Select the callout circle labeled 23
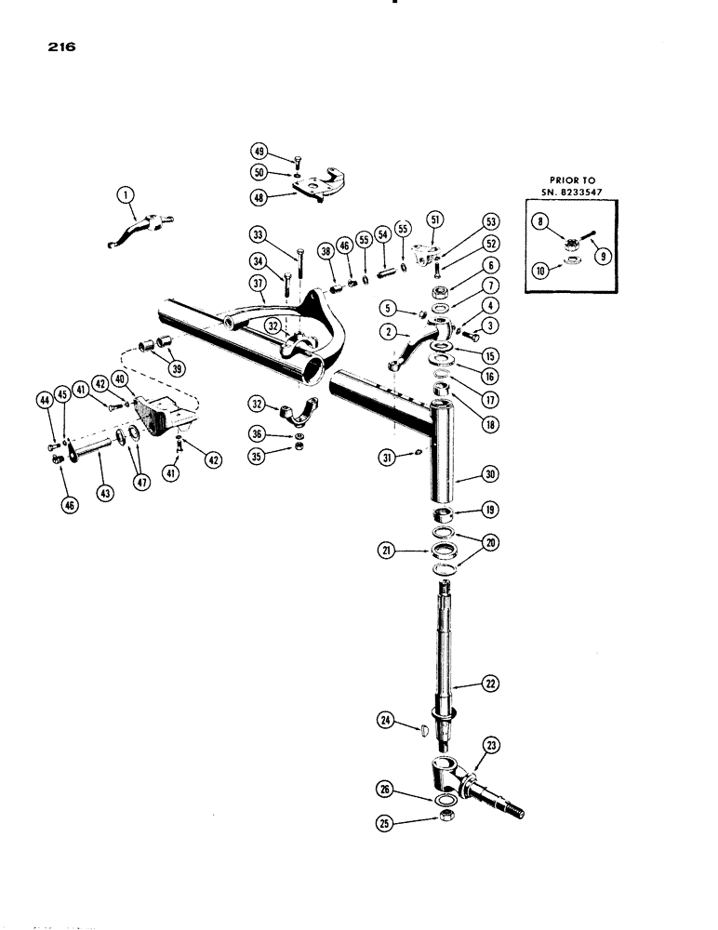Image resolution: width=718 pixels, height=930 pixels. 490,745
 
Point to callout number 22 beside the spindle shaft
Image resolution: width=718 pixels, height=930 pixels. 489,683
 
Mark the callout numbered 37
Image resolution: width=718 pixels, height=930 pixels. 259,282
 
